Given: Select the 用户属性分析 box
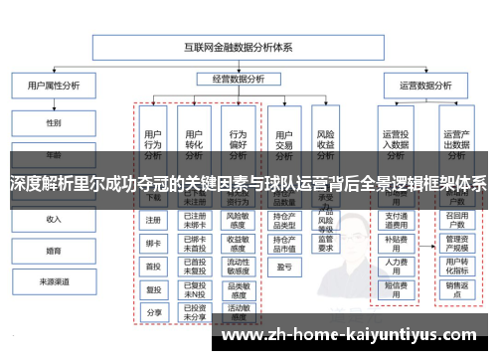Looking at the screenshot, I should pos(52,86).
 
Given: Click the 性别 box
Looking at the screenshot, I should pos(53,123).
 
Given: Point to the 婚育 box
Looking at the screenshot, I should pos(53,251).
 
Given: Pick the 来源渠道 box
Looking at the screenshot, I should pos(53,281).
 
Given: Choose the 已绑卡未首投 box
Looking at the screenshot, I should pos(195,243).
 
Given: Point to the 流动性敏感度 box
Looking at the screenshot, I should pos(238,266).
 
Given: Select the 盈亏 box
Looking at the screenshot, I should pos(283,267).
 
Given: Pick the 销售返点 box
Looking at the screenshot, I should pos(457,288).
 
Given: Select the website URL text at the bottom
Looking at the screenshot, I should pos(353,336).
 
